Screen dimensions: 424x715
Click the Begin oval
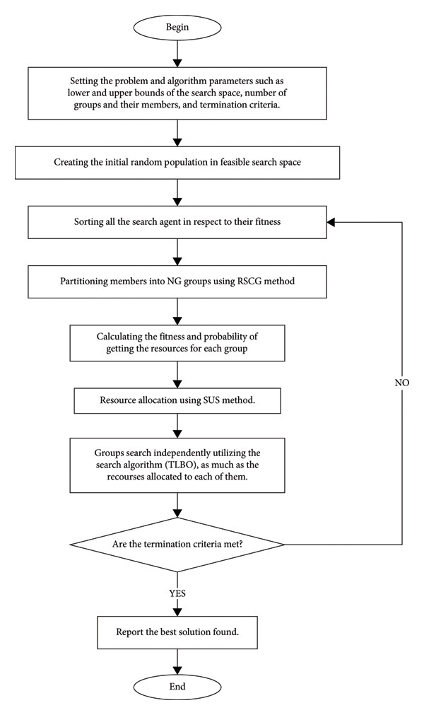(177, 28)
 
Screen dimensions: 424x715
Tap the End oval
(177, 686)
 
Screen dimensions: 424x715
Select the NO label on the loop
(401, 383)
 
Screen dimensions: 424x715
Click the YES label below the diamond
(177, 593)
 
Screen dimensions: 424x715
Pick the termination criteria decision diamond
(177, 545)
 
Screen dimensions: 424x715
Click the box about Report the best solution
(177, 632)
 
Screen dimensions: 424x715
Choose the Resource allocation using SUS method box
(177, 400)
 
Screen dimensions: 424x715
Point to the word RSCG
(249, 281)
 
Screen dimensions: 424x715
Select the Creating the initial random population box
(177, 163)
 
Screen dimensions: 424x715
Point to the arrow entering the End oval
(177, 661)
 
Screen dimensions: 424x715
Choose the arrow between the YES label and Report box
(177, 608)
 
